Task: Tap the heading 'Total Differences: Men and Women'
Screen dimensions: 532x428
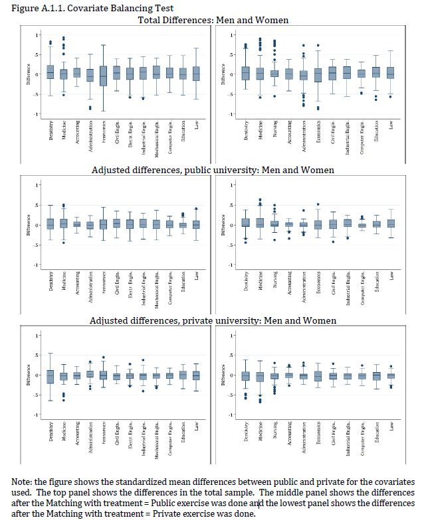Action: pyautogui.click(x=213, y=20)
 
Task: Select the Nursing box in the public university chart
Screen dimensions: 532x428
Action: pyautogui.click(x=274, y=224)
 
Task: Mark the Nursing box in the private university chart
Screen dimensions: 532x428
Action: pyautogui.click(x=274, y=375)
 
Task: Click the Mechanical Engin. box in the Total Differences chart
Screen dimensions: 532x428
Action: pyautogui.click(x=156, y=72)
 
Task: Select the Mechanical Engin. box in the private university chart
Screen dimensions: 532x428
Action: pyautogui.click(x=156, y=375)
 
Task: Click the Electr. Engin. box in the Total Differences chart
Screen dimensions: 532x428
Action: pyautogui.click(x=130, y=73)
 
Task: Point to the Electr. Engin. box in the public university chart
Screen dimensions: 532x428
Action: pyautogui.click(x=130, y=224)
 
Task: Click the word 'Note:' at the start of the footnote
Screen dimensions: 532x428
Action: pyautogui.click(x=25, y=482)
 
